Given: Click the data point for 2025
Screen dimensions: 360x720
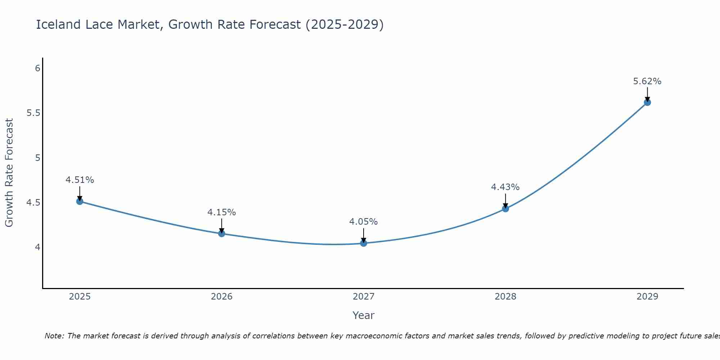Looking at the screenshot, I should click(x=80, y=201).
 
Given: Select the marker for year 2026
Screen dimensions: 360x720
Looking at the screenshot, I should click(x=221, y=234).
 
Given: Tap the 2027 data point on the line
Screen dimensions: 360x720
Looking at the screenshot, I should click(x=363, y=243).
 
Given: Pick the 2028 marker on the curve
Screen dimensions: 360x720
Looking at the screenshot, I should click(x=505, y=208).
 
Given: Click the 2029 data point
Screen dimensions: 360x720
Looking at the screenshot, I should click(x=647, y=102).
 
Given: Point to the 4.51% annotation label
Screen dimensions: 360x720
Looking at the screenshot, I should click(x=80, y=180).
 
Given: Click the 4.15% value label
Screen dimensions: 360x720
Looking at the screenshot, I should click(x=221, y=212).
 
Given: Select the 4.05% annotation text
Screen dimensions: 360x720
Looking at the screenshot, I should click(x=363, y=222).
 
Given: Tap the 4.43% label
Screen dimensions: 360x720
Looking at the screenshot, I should click(x=505, y=187).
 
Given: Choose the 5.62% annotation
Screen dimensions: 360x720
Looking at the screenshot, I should click(x=647, y=81).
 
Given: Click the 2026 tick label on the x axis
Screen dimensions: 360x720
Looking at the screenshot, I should click(x=221, y=297).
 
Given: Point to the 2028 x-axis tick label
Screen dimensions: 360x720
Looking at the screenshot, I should click(x=505, y=297).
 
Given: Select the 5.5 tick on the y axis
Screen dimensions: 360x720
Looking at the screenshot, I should click(x=33, y=113).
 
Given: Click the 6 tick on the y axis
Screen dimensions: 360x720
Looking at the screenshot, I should click(x=37, y=68).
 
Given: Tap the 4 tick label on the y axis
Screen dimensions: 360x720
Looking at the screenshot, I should click(x=37, y=247).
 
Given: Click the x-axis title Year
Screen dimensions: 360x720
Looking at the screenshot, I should click(x=363, y=315).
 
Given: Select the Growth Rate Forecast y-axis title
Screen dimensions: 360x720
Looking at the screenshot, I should click(x=9, y=173).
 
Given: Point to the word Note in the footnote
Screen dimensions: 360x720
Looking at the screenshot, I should click(x=54, y=336).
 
